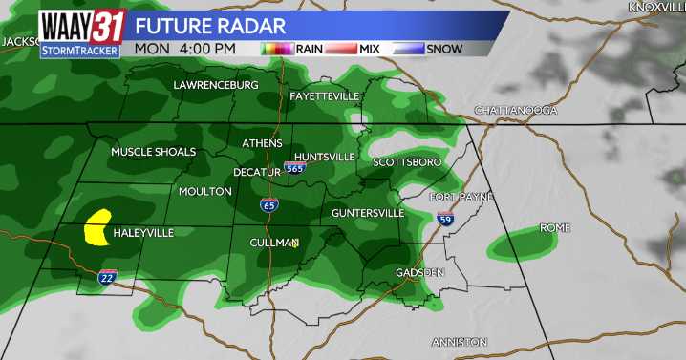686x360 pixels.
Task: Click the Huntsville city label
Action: (x=324, y=157)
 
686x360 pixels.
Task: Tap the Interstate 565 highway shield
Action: (x=295, y=168)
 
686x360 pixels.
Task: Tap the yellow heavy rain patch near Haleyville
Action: (x=96, y=229)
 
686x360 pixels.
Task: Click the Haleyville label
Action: (x=142, y=233)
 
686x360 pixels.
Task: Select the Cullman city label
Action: (x=273, y=243)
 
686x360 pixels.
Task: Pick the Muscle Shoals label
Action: (x=153, y=152)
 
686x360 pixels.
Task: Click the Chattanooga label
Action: (x=515, y=111)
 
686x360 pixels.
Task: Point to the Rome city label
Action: (x=554, y=228)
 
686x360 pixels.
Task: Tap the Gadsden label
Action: (x=420, y=273)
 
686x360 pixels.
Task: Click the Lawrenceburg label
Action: (x=216, y=85)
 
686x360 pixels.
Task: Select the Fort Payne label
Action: (x=461, y=197)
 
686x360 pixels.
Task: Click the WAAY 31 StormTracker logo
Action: (x=81, y=32)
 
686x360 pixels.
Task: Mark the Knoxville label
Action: (x=656, y=7)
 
